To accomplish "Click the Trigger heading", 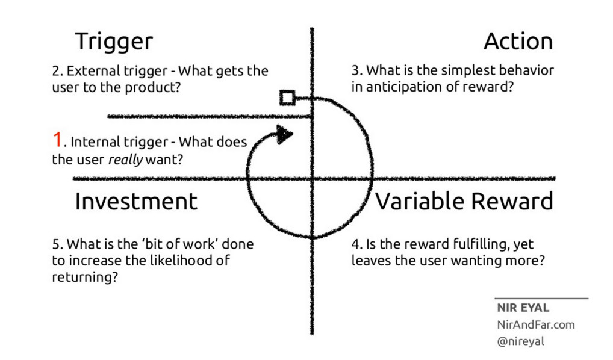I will coord(114,42).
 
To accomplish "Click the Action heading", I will coord(518,42).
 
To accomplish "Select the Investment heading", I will coord(136,202).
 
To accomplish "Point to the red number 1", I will coord(57,141).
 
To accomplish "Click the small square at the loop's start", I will coord(287,98).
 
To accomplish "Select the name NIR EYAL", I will coord(523,308).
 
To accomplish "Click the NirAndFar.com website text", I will coord(535,325).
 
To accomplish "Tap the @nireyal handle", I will coord(521,341).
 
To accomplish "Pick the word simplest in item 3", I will coord(450,70).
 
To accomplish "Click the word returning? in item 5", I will coord(84,279).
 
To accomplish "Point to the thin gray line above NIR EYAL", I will coord(541,298).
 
